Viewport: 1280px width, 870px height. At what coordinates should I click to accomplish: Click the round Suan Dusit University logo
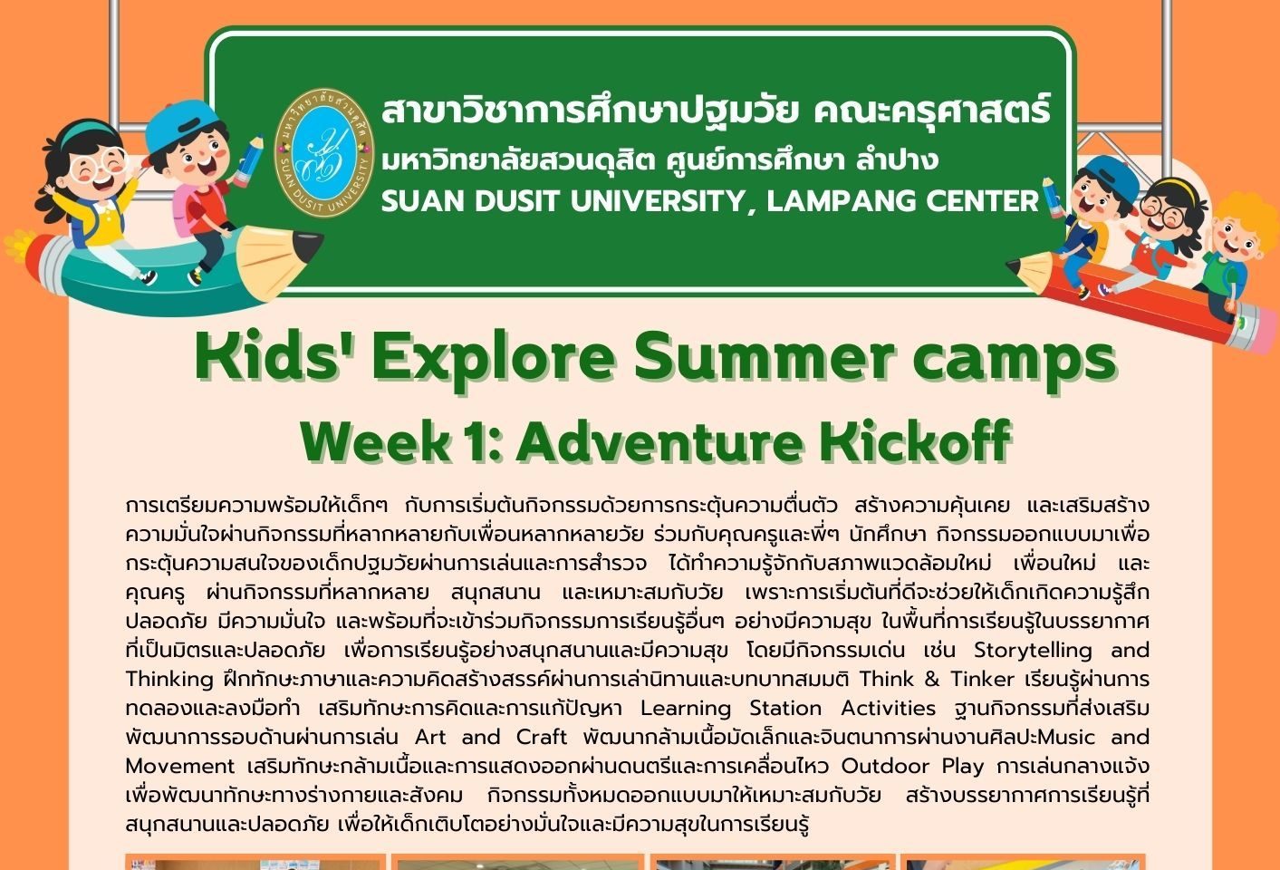tap(324, 152)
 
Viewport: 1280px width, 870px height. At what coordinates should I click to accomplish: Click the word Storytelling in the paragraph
tap(1033, 651)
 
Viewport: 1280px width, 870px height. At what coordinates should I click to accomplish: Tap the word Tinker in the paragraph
tap(982, 679)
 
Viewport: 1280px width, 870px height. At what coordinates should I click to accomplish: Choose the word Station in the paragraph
tap(785, 708)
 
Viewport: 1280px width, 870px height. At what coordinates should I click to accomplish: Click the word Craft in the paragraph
tap(541, 737)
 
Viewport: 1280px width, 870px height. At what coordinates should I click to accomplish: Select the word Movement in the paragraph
tap(180, 766)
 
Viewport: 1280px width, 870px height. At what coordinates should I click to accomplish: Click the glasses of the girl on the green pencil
tap(97, 163)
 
